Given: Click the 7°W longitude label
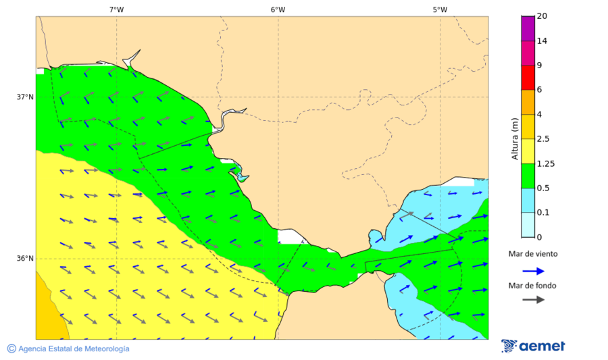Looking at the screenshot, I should coord(116,9).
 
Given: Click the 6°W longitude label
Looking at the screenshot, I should coord(278,9).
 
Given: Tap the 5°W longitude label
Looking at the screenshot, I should coord(440,9).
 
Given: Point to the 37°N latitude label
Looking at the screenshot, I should coord(25,97).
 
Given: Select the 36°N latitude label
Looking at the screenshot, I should coord(25,258).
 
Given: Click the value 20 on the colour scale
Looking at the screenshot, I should coord(541,16).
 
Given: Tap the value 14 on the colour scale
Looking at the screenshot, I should coord(541,41).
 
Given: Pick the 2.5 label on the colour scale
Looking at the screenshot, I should coord(542,139).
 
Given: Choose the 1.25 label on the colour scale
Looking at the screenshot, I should coord(544,163).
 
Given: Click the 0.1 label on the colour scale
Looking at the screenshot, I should coord(542,213).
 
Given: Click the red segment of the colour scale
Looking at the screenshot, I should coord(528,78).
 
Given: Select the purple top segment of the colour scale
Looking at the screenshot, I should coord(528,28).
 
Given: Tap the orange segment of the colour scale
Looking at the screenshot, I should coord(528,102).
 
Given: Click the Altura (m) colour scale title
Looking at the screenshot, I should coord(515,138).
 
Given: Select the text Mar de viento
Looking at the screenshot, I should coord(533,254).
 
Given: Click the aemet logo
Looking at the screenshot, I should coord(534,346).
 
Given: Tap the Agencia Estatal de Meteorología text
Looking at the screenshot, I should coord(74,349).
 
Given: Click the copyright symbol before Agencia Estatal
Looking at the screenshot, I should coord(11,349).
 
